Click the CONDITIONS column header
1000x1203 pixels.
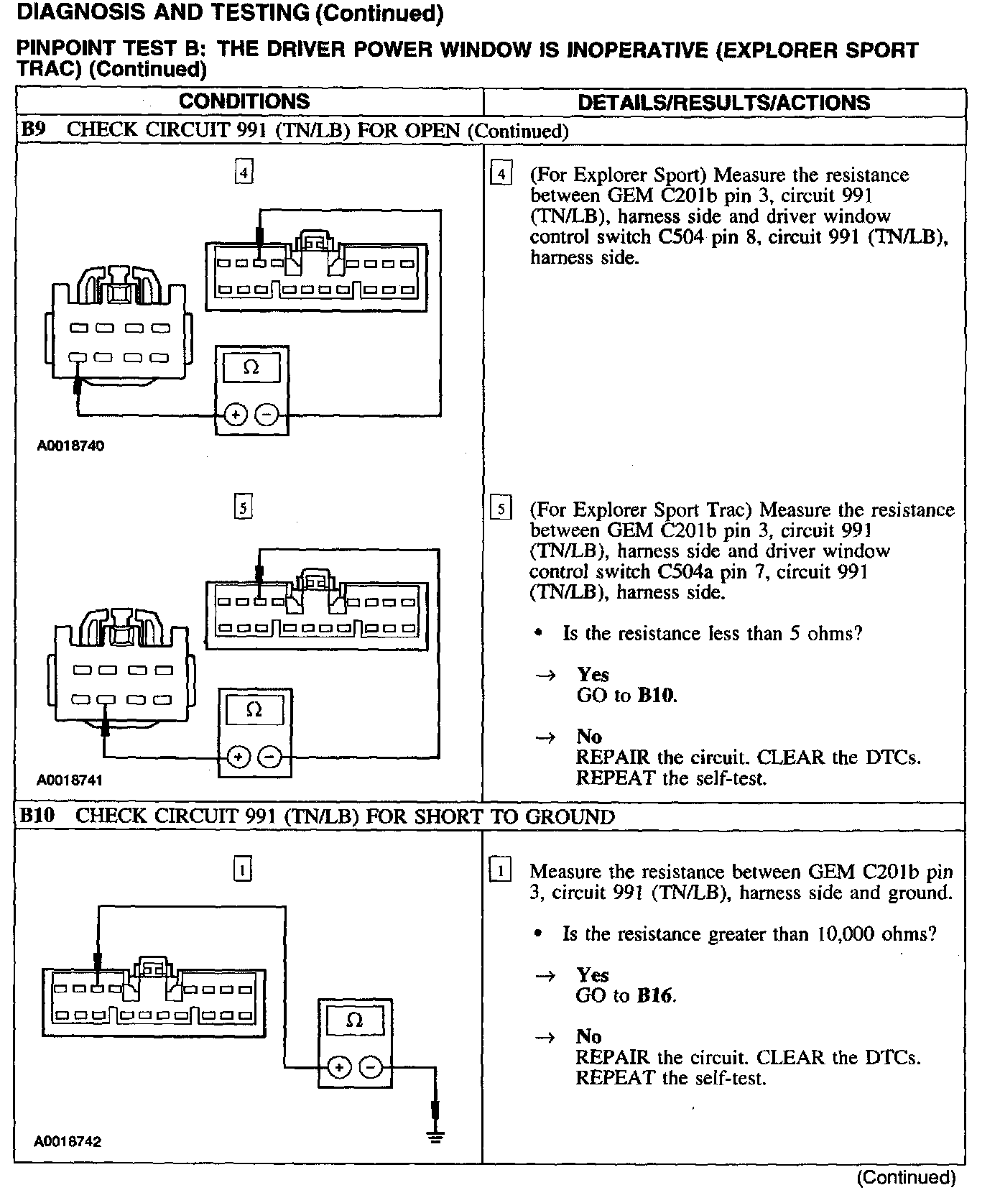244,101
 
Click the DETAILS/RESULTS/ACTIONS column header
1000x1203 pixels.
723,103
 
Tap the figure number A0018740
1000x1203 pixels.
70,446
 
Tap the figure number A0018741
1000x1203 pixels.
70,780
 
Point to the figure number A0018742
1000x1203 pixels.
68,1141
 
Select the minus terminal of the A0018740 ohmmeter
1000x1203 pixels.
267,415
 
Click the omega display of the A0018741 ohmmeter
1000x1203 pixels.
254,710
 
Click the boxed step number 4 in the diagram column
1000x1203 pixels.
244,172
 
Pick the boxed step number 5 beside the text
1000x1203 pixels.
500,510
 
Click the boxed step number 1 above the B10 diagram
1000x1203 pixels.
243,870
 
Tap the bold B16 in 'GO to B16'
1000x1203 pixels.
656,995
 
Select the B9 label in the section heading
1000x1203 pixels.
33,130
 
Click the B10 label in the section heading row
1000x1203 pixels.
37,816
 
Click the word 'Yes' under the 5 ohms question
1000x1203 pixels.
593,675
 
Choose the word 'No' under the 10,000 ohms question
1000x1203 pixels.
588,1036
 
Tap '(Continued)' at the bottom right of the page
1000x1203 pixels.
906,1178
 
